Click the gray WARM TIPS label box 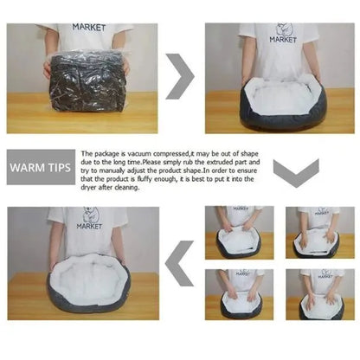41,167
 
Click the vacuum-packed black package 87,83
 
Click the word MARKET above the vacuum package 89,28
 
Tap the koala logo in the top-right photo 283,29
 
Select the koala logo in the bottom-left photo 91,215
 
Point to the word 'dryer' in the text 89,188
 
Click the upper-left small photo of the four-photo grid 240,233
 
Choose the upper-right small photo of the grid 320,233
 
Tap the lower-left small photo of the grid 240,294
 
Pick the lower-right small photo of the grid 320,294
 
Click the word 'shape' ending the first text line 249,154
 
